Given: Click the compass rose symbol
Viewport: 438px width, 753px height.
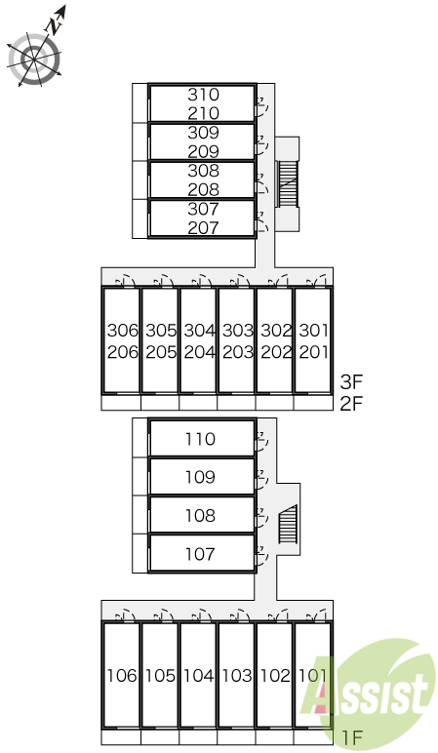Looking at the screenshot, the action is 34,59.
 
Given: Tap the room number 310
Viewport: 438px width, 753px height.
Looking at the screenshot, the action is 203,95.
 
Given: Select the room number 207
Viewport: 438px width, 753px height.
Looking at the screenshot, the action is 203,227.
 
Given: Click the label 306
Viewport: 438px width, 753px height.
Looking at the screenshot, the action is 123,331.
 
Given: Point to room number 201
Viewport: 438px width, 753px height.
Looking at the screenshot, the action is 313,352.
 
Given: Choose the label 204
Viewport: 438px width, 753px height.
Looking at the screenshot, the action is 199,352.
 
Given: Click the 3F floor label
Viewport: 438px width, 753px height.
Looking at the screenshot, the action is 350,382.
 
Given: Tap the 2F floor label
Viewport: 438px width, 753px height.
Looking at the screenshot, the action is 350,404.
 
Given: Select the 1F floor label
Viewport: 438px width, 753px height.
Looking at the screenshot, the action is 351,737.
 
